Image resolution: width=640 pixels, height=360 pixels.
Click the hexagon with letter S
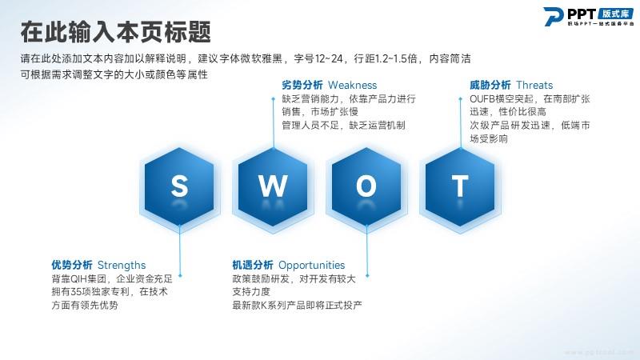179,186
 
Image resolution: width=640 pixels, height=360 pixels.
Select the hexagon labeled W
273,186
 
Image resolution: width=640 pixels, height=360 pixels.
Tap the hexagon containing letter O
366,186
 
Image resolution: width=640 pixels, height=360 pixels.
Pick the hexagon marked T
460,186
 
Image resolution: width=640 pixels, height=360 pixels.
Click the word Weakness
352,86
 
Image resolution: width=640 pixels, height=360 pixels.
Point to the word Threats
534,86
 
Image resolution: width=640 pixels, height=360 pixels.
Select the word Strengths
122,266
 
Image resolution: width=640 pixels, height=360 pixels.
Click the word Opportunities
311,266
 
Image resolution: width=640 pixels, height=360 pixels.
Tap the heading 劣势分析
302,86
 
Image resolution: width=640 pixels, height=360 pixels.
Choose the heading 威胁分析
490,86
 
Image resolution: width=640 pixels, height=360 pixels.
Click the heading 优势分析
72,266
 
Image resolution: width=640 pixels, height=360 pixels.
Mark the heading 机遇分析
253,266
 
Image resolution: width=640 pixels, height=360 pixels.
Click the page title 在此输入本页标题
116,32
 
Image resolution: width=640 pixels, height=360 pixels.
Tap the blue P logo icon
554,16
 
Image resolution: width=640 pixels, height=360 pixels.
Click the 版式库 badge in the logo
615,14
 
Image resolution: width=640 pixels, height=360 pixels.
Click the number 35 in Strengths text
76,292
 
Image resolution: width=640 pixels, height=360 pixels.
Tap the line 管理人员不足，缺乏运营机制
343,126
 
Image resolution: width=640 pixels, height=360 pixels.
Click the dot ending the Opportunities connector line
367,276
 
